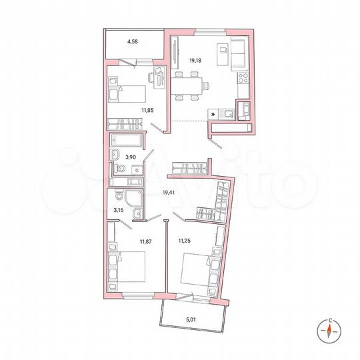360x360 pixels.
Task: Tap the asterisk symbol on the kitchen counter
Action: click(x=213, y=115)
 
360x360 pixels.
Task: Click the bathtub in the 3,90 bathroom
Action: click(x=127, y=141)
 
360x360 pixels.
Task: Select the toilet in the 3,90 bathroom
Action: click(x=115, y=157)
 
